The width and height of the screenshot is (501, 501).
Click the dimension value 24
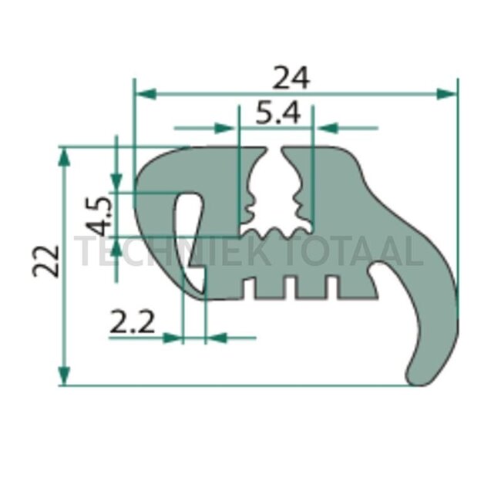[291, 77]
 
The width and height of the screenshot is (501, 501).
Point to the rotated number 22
[46, 261]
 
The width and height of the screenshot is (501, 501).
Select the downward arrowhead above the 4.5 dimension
[116, 182]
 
